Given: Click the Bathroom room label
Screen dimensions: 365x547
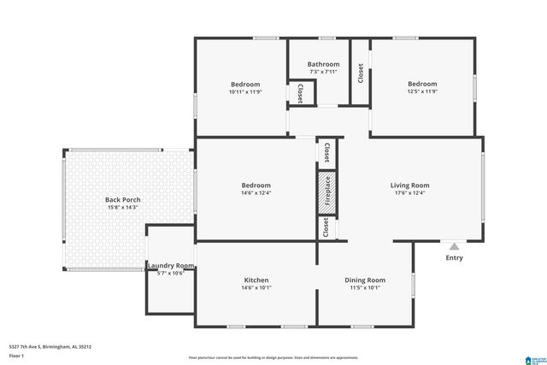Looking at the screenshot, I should pos(324,64).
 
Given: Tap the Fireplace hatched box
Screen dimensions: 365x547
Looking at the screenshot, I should pos(326,193).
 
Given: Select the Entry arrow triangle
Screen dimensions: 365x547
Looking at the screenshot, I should pos(454,246).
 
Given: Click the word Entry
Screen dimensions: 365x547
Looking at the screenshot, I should pos(454,257).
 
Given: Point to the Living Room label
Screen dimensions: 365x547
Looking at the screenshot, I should pos(410,185).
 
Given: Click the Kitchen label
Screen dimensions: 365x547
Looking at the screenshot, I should pos(256,280).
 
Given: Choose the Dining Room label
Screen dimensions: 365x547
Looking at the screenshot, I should pos(365,280).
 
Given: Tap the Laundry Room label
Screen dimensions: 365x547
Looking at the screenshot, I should pos(171,266).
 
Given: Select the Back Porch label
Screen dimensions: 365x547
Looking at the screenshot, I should pos(123,200).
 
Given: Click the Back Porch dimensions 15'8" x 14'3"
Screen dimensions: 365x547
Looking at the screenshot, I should pos(123,208).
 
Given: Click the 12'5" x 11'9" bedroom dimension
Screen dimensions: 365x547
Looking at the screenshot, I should pos(422,91).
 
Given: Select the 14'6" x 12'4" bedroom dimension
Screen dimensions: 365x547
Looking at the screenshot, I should pos(256,193).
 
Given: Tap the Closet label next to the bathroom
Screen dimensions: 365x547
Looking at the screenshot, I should pos(361,73).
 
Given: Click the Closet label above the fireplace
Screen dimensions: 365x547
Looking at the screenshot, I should pos(326,151).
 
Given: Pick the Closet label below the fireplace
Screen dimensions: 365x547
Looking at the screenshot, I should pos(326,227).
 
